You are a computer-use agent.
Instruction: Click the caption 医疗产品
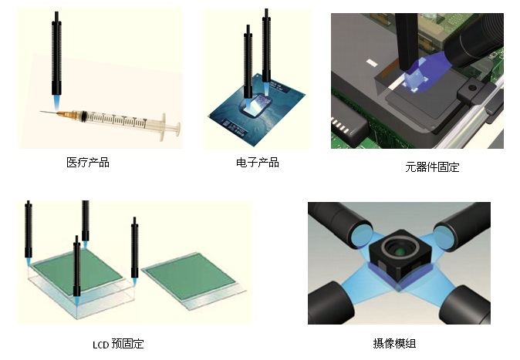(x=88, y=163)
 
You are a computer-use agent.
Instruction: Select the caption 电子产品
(x=257, y=163)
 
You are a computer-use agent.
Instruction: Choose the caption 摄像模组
(x=399, y=343)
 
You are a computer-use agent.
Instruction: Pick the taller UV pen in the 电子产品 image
(x=268, y=46)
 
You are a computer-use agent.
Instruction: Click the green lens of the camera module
(x=399, y=251)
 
